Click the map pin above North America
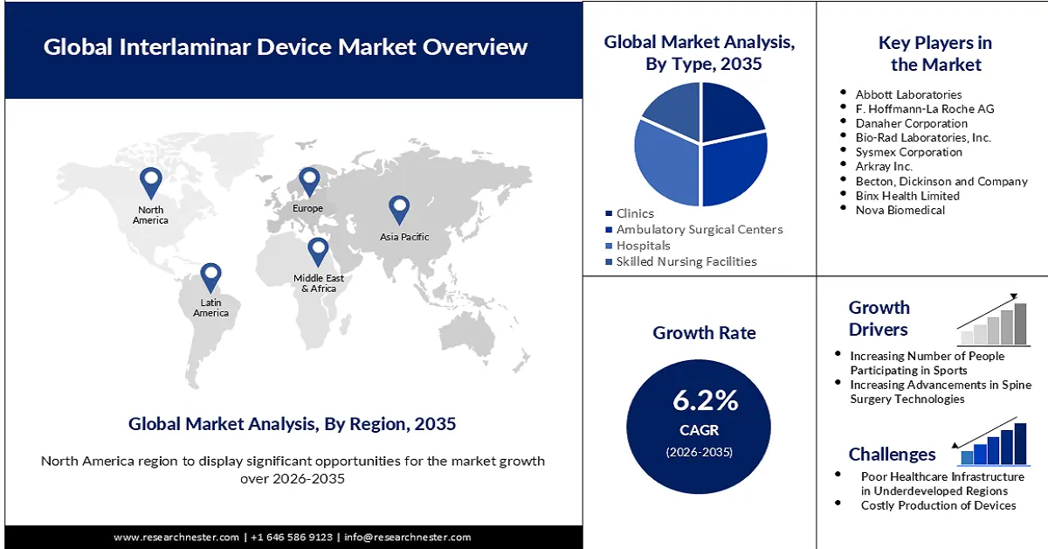[x=151, y=182]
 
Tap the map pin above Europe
[x=309, y=182]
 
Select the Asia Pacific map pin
[x=399, y=209]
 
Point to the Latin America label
[x=210, y=308]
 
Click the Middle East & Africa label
[x=319, y=283]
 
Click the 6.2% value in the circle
[x=705, y=400]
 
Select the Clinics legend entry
[x=634, y=213]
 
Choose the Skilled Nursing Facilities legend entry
[x=686, y=261]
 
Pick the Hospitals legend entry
[x=643, y=246]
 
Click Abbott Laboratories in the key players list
[x=908, y=94]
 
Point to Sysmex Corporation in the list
[x=908, y=152]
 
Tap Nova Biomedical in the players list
[x=900, y=210]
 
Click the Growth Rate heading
[x=704, y=333]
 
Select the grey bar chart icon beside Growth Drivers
[x=993, y=321]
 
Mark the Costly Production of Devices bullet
[x=938, y=505]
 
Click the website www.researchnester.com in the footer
[x=177, y=537]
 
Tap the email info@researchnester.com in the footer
[x=407, y=537]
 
